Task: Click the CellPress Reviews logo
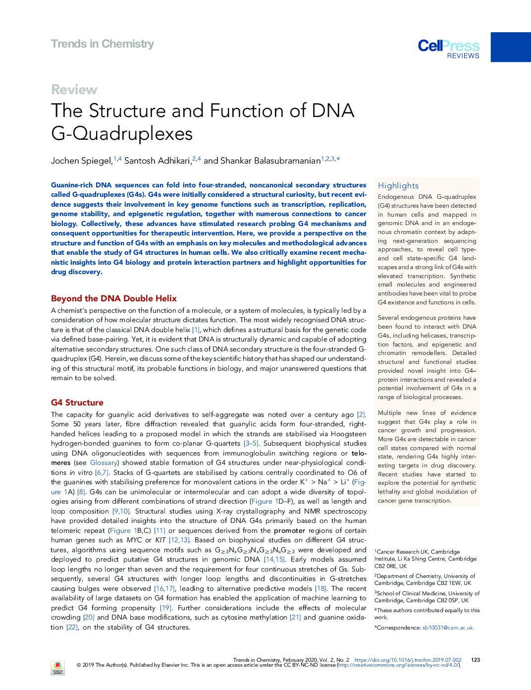(x=449, y=49)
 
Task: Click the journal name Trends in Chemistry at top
(x=102, y=44)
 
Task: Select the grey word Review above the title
(x=74, y=90)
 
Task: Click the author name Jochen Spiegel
(x=81, y=161)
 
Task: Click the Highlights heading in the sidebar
(x=398, y=186)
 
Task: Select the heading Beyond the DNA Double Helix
(x=113, y=298)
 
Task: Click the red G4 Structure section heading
(x=77, y=402)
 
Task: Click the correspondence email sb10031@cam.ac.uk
(x=447, y=628)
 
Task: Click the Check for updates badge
(x=57, y=667)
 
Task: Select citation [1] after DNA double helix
(x=196, y=330)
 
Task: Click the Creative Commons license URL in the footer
(x=398, y=665)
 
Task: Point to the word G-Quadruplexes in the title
(x=122, y=134)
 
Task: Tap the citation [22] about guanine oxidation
(x=72, y=627)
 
